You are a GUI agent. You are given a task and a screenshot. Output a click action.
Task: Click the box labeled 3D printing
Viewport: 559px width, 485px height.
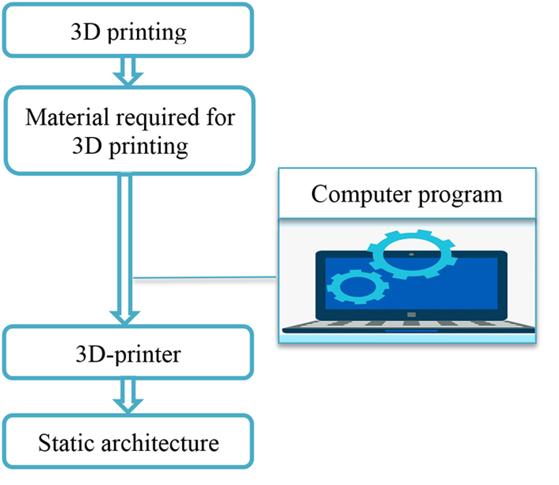click(128, 31)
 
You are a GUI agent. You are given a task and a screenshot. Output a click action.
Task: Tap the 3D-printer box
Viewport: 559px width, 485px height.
click(128, 353)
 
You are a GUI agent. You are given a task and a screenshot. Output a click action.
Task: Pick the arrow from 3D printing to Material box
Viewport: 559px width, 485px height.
click(128, 71)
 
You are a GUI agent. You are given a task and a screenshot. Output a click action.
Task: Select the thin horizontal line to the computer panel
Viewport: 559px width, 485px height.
click(205, 278)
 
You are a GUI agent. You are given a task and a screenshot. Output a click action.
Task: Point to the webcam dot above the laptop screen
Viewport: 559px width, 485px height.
click(411, 254)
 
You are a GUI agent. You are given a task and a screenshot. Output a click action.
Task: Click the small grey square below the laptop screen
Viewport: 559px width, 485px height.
click(411, 314)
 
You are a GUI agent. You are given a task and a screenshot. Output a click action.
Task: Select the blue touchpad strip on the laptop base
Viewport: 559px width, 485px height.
click(411, 330)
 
